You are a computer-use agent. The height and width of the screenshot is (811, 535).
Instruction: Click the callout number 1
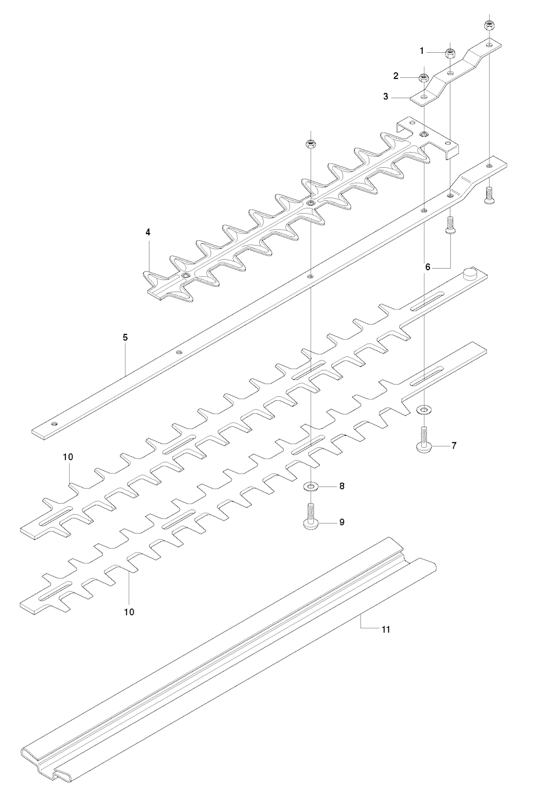click(422, 51)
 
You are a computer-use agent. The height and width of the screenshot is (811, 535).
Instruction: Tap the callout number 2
click(396, 76)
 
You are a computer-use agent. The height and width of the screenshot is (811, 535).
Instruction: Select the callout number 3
click(386, 97)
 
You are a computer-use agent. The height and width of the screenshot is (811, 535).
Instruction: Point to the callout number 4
click(148, 232)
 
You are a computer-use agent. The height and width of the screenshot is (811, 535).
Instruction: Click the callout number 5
click(125, 338)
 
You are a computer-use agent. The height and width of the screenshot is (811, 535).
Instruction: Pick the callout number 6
click(428, 267)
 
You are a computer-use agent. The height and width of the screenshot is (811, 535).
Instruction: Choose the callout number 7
click(454, 445)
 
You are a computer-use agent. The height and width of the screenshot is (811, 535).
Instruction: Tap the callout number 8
click(342, 486)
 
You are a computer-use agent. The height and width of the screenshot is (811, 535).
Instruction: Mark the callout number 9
click(342, 522)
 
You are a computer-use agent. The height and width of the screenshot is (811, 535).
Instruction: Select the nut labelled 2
click(424, 78)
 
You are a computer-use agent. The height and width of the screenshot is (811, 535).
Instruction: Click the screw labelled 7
click(424, 439)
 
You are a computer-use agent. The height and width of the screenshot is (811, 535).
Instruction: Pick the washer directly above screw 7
click(424, 410)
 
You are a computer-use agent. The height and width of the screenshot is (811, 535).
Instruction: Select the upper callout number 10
click(68, 457)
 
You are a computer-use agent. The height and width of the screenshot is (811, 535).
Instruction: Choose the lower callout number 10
click(129, 612)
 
